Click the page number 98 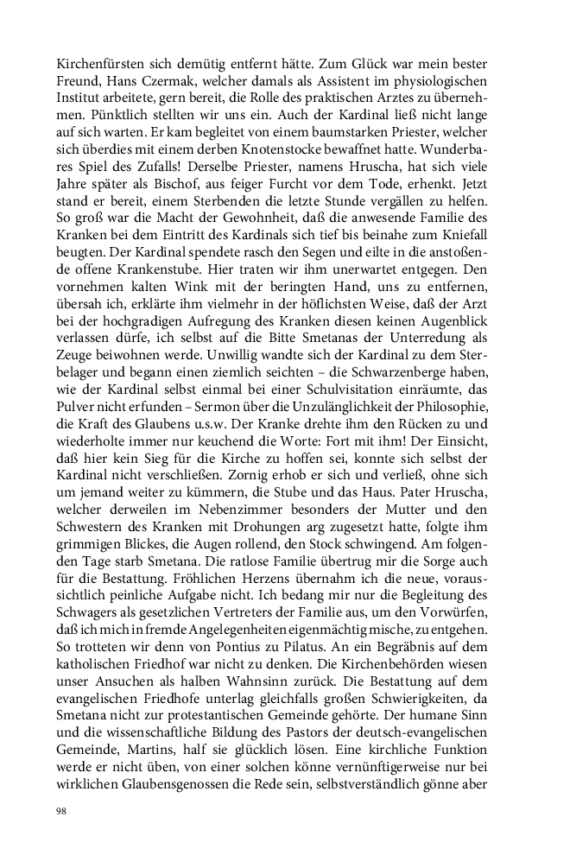coord(61,812)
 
